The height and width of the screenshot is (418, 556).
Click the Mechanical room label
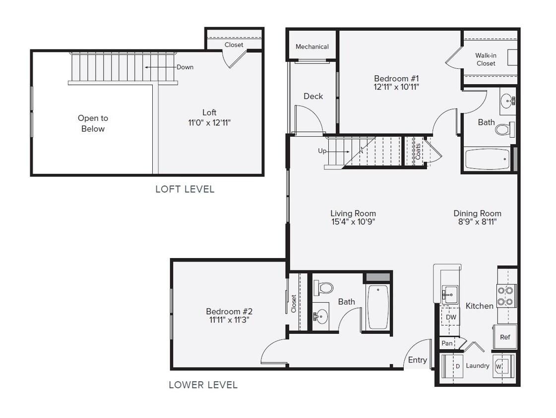[312, 47]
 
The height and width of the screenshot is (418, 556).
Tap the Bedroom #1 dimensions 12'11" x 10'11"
[396, 87]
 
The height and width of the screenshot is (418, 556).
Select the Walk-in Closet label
[486, 59]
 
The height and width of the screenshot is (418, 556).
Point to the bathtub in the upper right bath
[488, 159]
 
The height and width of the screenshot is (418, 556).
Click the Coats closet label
[418, 151]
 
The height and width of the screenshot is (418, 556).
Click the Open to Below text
[93, 123]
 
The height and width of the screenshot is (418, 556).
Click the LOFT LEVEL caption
[185, 189]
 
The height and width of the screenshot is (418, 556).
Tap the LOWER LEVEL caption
[203, 385]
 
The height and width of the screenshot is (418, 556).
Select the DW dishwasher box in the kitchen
[450, 317]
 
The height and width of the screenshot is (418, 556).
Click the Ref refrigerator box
[505, 337]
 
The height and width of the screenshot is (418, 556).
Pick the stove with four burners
[506, 296]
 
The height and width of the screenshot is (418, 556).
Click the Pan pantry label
[447, 343]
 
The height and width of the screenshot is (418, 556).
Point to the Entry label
[417, 360]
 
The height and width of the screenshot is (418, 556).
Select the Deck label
[313, 96]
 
